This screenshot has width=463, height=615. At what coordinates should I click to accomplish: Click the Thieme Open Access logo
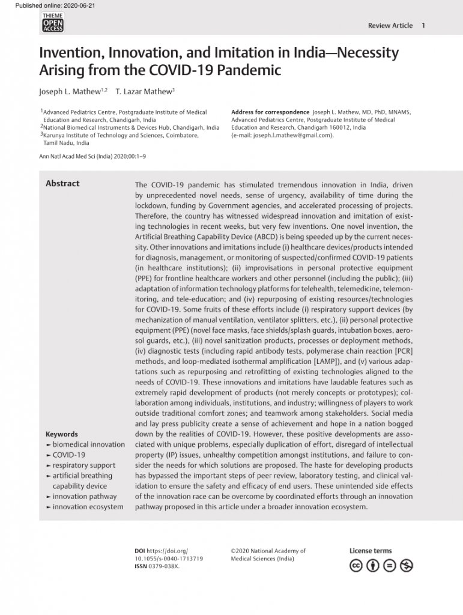(53, 22)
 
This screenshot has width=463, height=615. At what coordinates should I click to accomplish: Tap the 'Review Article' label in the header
(390, 25)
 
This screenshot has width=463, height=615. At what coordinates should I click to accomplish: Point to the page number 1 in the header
(424, 25)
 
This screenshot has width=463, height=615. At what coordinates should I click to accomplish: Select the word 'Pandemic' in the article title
(246, 70)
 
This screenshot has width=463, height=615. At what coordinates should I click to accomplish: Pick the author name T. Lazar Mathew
(144, 91)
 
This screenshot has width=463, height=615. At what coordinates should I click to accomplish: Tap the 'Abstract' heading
(62, 183)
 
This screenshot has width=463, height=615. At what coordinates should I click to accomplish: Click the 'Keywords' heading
(62, 434)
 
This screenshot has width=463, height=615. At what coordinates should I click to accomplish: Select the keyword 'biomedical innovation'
(88, 444)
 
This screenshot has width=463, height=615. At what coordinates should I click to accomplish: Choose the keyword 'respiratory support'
(84, 465)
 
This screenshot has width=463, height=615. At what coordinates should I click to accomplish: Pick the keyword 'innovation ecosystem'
(88, 507)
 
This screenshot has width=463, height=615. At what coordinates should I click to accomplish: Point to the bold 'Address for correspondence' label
(270, 112)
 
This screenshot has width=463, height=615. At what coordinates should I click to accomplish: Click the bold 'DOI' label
(140, 551)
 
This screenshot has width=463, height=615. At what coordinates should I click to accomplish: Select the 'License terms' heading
(371, 551)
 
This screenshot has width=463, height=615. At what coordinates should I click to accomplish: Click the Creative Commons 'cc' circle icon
(356, 566)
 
